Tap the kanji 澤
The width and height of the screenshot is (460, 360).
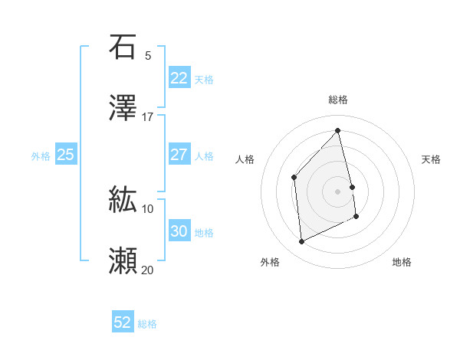(123, 108)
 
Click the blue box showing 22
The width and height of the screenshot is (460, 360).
(179, 78)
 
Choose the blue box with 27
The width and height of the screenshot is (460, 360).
(179, 155)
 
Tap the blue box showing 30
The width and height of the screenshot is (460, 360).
(179, 231)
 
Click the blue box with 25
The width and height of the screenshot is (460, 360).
(66, 155)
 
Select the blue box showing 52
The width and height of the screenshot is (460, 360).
(123, 322)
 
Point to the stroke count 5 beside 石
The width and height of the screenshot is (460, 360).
(148, 55)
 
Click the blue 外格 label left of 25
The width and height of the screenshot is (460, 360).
(41, 155)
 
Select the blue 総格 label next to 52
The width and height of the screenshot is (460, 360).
(147, 323)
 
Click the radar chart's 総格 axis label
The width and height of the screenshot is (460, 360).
(338, 100)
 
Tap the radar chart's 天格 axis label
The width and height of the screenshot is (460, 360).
(431, 159)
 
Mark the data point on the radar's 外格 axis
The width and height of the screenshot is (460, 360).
(301, 242)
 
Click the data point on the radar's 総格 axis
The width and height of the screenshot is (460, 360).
(338, 131)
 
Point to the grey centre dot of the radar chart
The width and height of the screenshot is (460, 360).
(338, 191)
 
